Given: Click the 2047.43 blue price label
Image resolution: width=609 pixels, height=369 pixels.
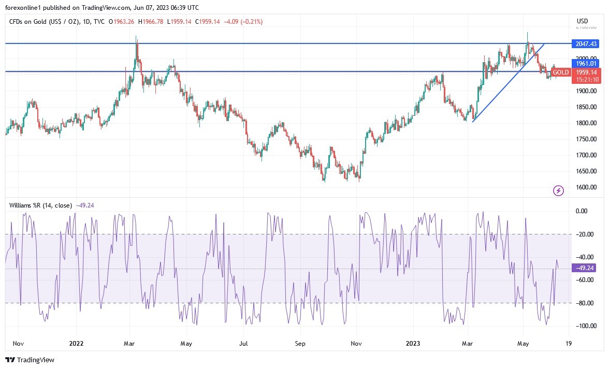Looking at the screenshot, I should point(584,43).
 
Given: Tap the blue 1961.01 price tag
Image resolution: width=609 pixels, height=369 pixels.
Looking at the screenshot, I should point(584,63).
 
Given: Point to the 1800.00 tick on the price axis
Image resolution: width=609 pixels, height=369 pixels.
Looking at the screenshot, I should point(587,123).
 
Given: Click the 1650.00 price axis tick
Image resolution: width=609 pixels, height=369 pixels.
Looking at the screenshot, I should point(587,171).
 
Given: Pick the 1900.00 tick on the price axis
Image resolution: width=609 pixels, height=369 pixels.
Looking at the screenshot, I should point(587,91).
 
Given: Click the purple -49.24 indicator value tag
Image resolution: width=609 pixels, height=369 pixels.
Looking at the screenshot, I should point(584,268).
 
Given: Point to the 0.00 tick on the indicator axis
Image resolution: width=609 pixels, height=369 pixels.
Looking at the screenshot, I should point(582,211).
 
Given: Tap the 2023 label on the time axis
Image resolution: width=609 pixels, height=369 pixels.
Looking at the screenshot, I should point(413,343).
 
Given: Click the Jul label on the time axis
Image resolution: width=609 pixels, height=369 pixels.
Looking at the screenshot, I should point(244,343).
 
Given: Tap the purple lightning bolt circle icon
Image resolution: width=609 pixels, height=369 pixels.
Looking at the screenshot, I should point(559,191).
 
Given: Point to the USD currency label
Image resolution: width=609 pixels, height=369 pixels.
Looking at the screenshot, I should point(583,21).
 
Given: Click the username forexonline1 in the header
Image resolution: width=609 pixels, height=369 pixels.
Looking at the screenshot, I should point(27,7).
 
